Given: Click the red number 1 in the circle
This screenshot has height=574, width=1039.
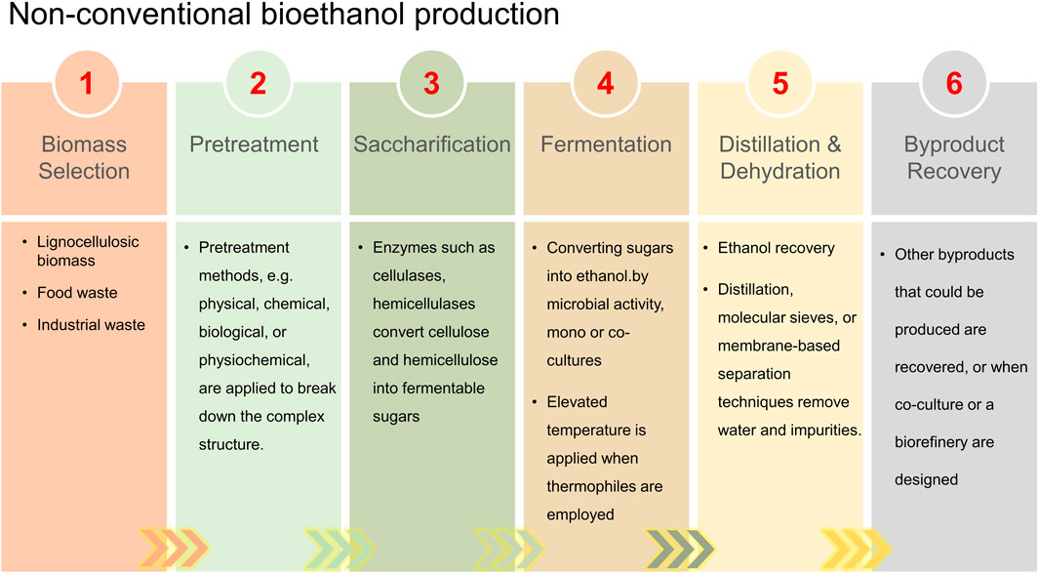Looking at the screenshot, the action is click(86, 84).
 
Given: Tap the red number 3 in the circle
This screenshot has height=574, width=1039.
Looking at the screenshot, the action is click(431, 84).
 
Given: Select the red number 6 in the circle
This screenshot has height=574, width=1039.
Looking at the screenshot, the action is click(954, 84).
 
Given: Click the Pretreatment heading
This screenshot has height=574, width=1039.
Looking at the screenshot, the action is click(254, 143).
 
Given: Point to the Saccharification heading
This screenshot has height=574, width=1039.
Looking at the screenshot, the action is click(432, 143).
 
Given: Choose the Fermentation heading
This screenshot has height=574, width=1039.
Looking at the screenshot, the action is click(606, 143).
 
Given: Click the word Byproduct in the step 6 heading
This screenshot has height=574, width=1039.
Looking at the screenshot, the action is click(954, 144).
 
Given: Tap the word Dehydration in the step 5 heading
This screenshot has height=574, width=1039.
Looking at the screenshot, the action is click(779, 171).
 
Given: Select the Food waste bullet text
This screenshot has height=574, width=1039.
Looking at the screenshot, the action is click(77, 292).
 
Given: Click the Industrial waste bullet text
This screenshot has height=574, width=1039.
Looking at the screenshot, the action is click(91, 325).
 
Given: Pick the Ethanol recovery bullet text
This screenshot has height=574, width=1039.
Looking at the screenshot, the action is click(776, 248).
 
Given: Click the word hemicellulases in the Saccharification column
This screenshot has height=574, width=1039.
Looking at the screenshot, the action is click(423, 304).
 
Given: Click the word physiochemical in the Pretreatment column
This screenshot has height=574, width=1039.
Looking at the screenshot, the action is click(254, 360).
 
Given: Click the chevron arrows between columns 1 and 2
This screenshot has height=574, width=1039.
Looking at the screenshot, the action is click(174, 549).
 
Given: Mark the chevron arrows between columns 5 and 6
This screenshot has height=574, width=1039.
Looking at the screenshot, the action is click(857, 549).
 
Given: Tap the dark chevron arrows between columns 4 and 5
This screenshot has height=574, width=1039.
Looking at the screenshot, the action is click(681, 549).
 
